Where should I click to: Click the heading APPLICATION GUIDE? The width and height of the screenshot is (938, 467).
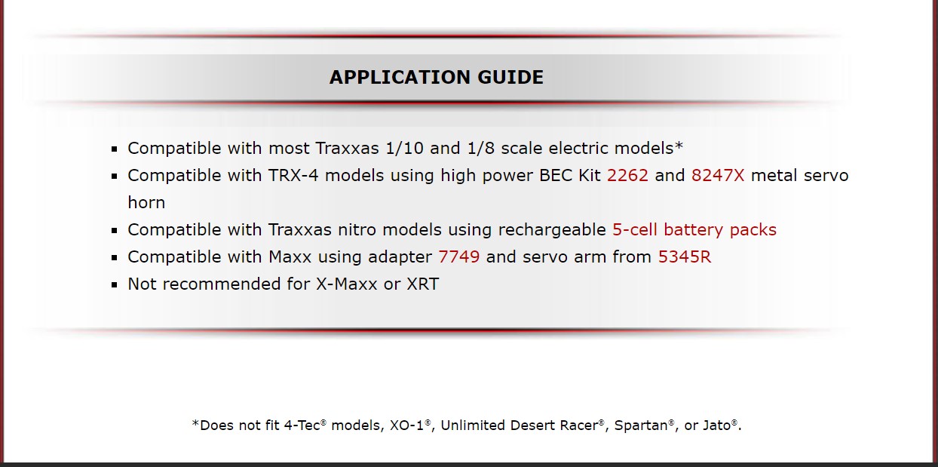click(437, 78)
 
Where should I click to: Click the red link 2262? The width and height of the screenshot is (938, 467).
click(627, 176)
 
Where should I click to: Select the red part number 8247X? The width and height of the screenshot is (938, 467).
click(718, 176)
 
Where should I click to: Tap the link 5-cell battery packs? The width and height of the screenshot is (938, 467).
click(694, 230)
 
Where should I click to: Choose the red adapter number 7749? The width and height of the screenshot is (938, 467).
click(459, 257)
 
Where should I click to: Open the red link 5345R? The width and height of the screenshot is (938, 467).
click(685, 257)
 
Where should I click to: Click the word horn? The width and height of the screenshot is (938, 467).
click(146, 202)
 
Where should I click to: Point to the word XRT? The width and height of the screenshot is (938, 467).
click(423, 284)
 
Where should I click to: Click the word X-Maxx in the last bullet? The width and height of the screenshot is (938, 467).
click(347, 284)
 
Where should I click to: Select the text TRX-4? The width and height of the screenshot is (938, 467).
click(293, 176)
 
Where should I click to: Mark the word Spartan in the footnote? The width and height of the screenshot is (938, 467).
click(641, 426)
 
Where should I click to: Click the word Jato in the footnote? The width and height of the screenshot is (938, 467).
click(716, 426)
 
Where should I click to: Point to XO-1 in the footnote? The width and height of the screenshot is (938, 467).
click(406, 426)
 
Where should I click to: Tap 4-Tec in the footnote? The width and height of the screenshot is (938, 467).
click(302, 426)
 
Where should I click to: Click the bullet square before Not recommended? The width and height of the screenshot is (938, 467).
click(115, 285)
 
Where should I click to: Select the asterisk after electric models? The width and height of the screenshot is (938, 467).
click(679, 146)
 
